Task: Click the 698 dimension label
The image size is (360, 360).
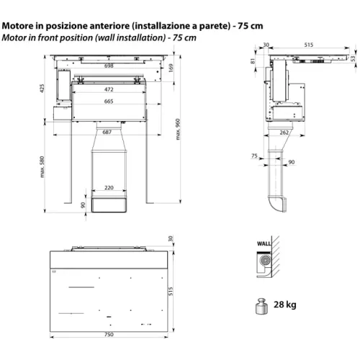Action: [x=109, y=66]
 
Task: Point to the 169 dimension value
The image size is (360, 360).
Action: [x=171, y=68]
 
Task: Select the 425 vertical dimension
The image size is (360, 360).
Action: [x=42, y=89]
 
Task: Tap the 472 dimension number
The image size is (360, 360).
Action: [x=109, y=89]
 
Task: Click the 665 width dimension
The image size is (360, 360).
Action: [x=109, y=102]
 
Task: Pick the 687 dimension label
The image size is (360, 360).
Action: [x=107, y=132]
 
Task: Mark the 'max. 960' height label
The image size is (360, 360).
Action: [x=178, y=130]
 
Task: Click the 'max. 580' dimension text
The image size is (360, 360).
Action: [x=42, y=167]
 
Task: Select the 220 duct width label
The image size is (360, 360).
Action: [x=109, y=187]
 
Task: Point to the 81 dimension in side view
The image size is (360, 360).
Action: [x=253, y=61]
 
